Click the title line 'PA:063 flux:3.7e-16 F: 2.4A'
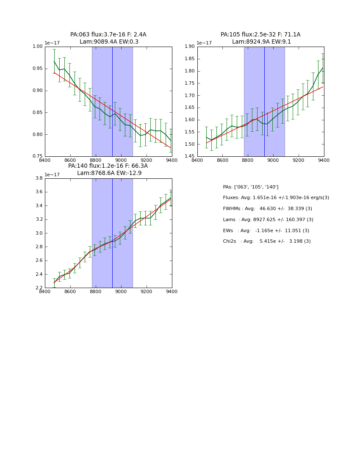108,35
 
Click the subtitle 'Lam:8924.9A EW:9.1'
261,42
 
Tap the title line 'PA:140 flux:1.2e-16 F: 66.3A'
108,166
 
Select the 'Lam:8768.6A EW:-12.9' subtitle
109,173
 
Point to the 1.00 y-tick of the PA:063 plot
38,47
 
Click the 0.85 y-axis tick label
38,112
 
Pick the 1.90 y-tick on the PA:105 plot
190,47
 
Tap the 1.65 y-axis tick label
190,108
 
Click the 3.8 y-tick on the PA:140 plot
39,178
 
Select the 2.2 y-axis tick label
39,288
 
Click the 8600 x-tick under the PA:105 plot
222,160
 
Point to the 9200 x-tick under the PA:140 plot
147,291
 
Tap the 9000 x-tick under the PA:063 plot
121,160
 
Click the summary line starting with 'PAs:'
251,187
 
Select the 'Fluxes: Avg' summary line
276,198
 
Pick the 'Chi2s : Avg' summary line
267,241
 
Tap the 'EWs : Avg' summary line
266,230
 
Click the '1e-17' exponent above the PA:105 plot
204,43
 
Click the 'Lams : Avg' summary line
268,220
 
